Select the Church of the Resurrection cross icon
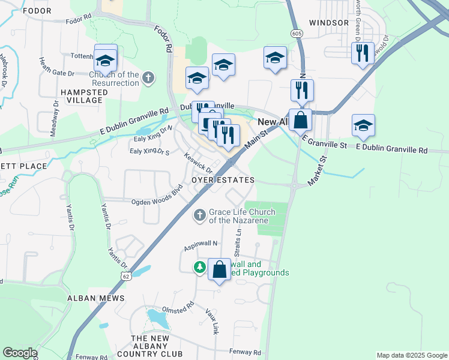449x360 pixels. pos(148,77)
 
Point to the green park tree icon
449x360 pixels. pos(199,266)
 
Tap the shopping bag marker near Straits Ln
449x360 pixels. pos(220,269)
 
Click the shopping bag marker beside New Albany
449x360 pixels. pos(300,120)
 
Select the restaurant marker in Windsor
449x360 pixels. pos(363,53)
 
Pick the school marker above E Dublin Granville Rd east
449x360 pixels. pos(363,125)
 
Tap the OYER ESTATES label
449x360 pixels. pos(223,180)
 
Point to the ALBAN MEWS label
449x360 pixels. pos(96,298)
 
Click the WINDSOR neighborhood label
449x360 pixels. pos(328,23)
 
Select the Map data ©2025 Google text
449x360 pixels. pos(411,355)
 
